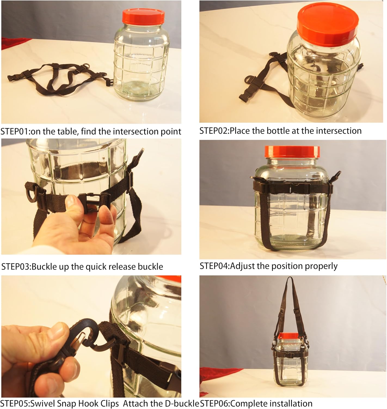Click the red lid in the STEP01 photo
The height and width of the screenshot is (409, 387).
click(143, 17)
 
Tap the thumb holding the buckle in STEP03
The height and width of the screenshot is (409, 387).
click(73, 203)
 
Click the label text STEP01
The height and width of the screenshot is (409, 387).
click(15, 132)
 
